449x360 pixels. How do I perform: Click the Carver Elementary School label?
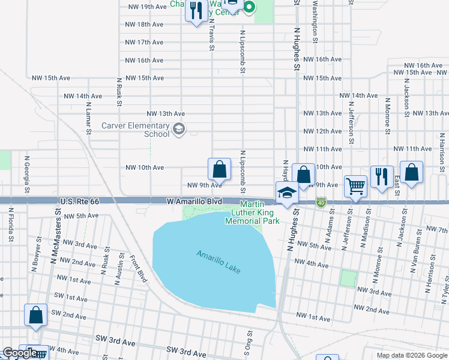pos(135,130)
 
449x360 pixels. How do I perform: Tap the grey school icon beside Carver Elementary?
pos(178,128)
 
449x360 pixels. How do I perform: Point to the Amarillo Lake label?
pos(218,262)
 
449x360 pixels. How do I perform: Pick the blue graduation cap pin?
pos(288,194)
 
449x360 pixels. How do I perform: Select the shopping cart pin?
pos(355,188)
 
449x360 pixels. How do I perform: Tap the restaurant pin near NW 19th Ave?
pos(196,11)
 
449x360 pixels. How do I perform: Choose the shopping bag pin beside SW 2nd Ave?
pos(35,316)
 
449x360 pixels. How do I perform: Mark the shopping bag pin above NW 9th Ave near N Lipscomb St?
pos(219,169)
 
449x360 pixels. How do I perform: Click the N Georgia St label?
pos(27,176)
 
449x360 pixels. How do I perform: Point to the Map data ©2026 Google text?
pos(411,355)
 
